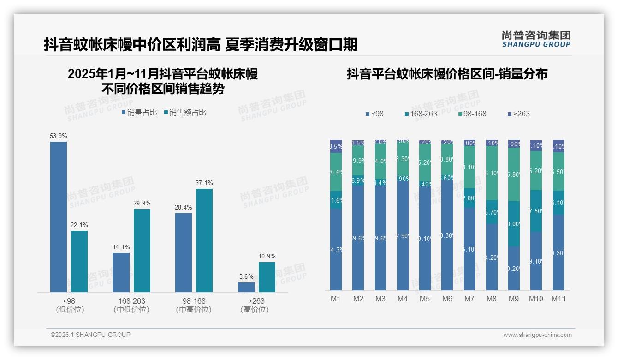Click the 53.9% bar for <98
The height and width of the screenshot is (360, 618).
tap(59, 217)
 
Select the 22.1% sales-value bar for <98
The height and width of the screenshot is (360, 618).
tap(79, 261)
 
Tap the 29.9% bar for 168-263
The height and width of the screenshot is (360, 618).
tap(142, 251)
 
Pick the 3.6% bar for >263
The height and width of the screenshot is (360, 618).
tap(246, 287)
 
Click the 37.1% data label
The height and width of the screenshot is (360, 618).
tap(204, 183)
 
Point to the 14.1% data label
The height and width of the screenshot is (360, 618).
tap(121, 247)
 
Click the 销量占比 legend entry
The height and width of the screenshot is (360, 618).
tap(140, 112)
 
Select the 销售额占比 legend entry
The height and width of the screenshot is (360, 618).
tap(185, 112)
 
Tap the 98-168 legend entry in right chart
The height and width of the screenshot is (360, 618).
tap(473, 114)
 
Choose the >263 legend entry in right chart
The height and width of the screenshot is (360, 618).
tap(518, 114)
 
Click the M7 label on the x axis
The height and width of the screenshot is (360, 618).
tap(469, 299)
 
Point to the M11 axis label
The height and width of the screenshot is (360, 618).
tap(559, 299)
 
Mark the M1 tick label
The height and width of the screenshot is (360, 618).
tap(336, 299)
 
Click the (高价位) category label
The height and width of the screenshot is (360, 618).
tap(255, 310)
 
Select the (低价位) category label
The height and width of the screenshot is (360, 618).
tap(70, 310)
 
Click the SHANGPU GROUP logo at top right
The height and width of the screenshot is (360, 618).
tap(536, 39)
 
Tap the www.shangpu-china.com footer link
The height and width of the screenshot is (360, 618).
tap(537, 335)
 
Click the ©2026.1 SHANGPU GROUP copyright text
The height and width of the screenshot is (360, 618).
tap(90, 335)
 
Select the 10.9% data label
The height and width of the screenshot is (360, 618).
tap(267, 257)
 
